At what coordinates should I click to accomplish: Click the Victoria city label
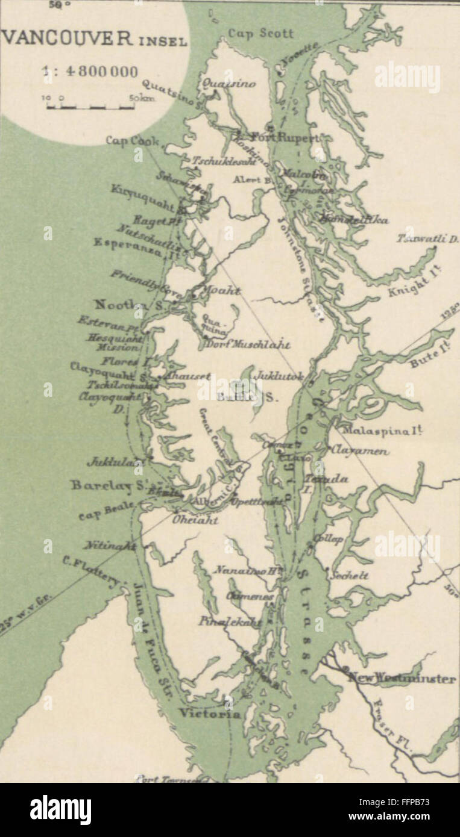[x=209, y=714]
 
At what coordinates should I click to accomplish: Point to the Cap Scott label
[x=261, y=34]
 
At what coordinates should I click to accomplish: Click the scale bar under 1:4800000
[x=90, y=107]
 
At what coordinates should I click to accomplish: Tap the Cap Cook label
[x=132, y=140]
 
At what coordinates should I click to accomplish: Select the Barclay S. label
[x=109, y=484]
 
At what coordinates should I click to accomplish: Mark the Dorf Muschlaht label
[x=247, y=345]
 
